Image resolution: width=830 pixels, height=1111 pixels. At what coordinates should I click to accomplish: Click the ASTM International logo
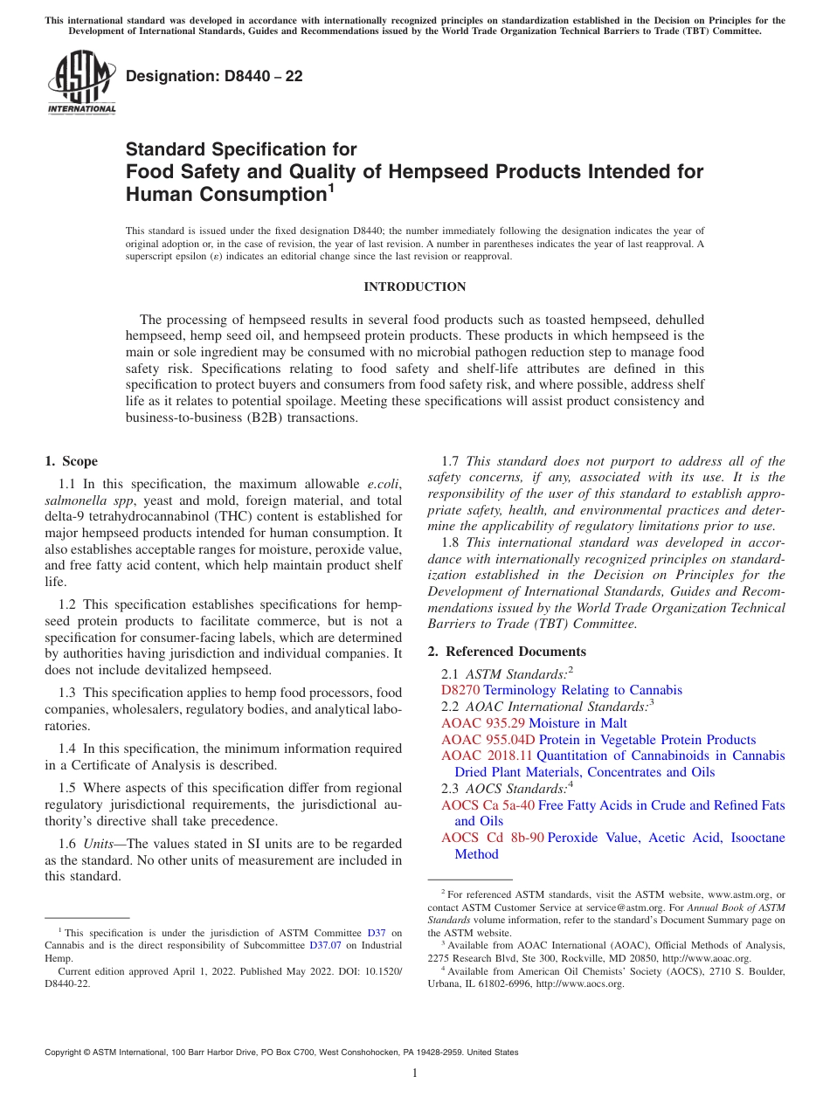(81, 84)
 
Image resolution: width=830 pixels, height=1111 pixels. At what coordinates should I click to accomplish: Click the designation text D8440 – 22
(214, 76)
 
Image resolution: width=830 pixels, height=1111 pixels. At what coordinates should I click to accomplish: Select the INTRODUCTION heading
(415, 286)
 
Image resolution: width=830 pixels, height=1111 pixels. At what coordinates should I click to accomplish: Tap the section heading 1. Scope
(71, 461)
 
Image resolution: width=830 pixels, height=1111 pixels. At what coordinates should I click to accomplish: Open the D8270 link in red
(460, 690)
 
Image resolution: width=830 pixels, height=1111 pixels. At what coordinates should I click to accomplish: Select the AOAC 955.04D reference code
(488, 740)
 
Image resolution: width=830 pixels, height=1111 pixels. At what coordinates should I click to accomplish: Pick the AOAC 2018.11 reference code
(487, 756)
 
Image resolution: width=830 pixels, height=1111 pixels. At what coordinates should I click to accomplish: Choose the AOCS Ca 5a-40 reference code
(488, 805)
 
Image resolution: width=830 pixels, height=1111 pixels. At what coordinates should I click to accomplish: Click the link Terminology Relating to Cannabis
(583, 690)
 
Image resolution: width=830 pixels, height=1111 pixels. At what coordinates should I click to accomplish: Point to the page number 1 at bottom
(415, 1073)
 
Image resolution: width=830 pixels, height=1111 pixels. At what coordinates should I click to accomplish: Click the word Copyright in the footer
(65, 1052)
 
